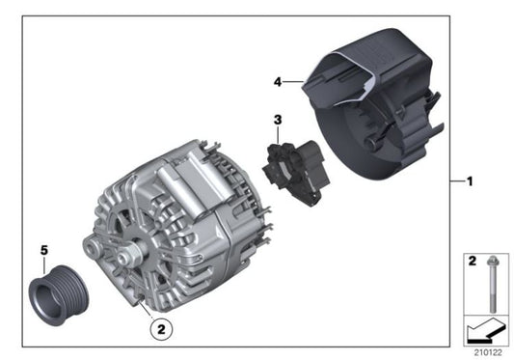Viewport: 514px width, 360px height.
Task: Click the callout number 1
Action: [x=470, y=181]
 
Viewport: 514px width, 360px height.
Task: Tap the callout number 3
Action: [x=277, y=120]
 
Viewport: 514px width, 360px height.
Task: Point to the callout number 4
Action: [x=278, y=82]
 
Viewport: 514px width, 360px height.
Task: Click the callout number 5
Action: [x=42, y=252]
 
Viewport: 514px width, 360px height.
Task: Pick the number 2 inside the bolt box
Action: [x=472, y=261]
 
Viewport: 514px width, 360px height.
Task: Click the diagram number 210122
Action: [x=489, y=352]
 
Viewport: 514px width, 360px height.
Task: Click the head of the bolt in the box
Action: [x=493, y=260]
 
